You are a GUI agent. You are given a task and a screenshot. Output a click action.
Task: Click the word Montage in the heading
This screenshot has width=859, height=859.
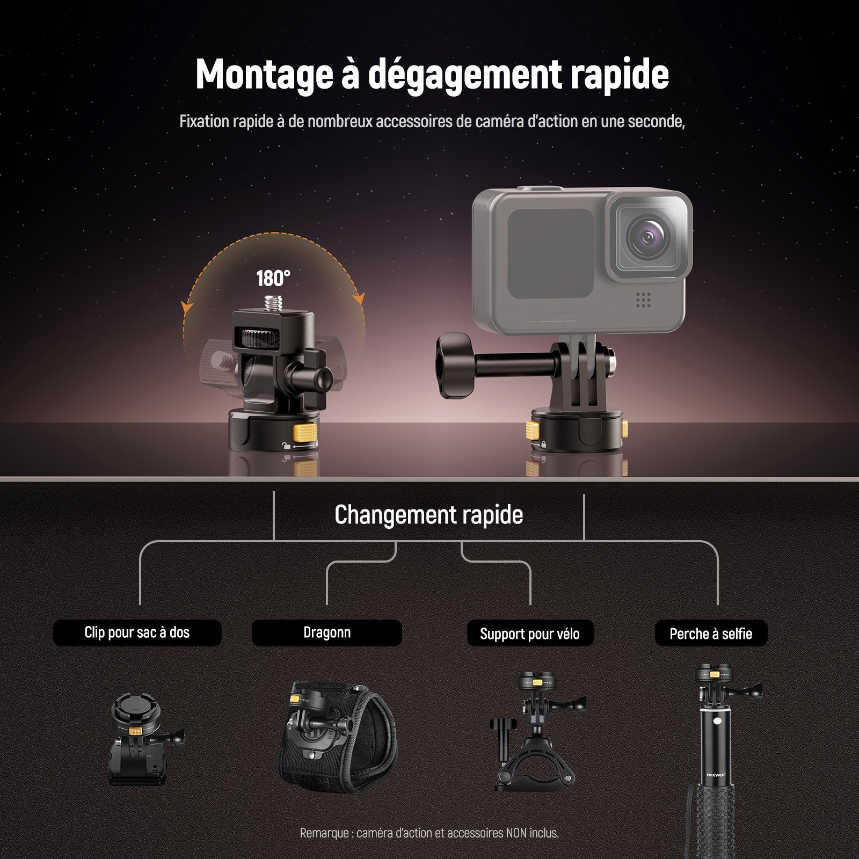point(264,75)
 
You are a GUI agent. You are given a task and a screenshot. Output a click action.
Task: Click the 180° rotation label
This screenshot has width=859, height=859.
point(273,279)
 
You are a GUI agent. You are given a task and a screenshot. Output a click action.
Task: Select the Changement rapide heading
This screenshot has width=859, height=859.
point(429,515)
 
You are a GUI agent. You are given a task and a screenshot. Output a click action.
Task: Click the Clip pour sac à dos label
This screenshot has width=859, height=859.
point(137,632)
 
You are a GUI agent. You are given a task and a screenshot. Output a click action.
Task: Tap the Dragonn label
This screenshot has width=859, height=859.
point(327,632)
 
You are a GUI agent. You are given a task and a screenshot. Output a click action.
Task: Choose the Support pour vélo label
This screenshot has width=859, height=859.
point(530,634)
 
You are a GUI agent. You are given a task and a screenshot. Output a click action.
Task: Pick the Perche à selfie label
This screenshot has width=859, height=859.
point(711,634)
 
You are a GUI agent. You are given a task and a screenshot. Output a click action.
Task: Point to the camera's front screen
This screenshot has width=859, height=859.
point(551,253)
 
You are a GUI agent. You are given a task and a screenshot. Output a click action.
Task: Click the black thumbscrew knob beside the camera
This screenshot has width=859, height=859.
point(455,365)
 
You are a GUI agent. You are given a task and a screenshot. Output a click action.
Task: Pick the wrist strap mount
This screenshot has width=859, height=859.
point(338,733)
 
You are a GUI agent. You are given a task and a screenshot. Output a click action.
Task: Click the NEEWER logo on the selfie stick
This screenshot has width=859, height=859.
point(717,775)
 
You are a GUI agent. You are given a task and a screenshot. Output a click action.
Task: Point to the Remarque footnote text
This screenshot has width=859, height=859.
point(429,833)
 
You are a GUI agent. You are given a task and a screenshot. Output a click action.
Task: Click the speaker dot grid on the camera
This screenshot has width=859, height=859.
point(643,300)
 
